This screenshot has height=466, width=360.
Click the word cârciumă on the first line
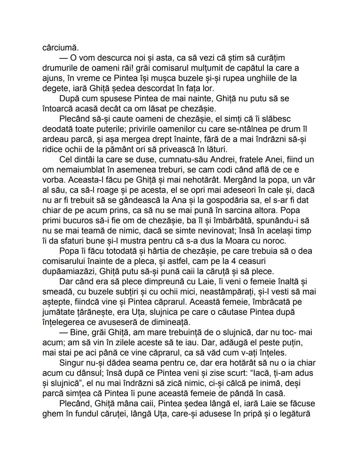(60, 48)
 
